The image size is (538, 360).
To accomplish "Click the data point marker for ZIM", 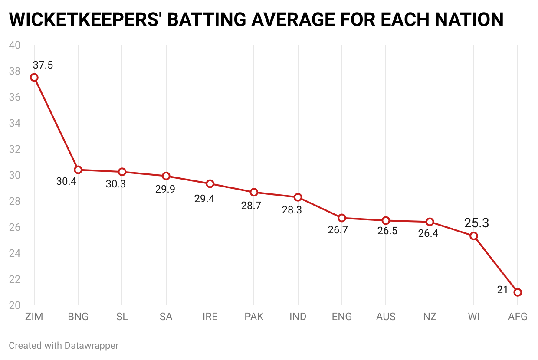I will [x=34, y=78].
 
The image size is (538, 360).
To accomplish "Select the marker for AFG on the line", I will [x=518, y=292].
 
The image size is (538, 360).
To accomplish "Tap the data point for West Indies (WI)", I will [x=474, y=236].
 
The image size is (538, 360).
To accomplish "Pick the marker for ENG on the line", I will [x=342, y=218].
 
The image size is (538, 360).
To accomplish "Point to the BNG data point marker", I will [x=78, y=170].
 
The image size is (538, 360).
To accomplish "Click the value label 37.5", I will [x=43, y=65].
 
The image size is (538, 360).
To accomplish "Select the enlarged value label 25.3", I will [x=476, y=223].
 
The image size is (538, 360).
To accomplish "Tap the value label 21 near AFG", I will [x=502, y=290].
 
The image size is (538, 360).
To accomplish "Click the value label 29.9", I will [x=165, y=189].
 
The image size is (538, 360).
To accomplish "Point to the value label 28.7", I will [x=251, y=206].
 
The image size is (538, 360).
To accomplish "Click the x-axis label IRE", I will [x=210, y=317].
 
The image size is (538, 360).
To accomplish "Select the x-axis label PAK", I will [x=254, y=317].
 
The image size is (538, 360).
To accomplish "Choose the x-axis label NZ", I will [x=430, y=317].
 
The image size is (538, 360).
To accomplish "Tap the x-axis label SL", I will [x=122, y=317].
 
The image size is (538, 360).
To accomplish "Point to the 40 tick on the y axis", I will [x=15, y=45].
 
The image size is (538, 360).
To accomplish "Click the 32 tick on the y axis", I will [x=15, y=149].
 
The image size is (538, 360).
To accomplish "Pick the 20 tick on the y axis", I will [x=15, y=305].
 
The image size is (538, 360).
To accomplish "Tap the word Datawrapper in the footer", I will [x=92, y=346].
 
